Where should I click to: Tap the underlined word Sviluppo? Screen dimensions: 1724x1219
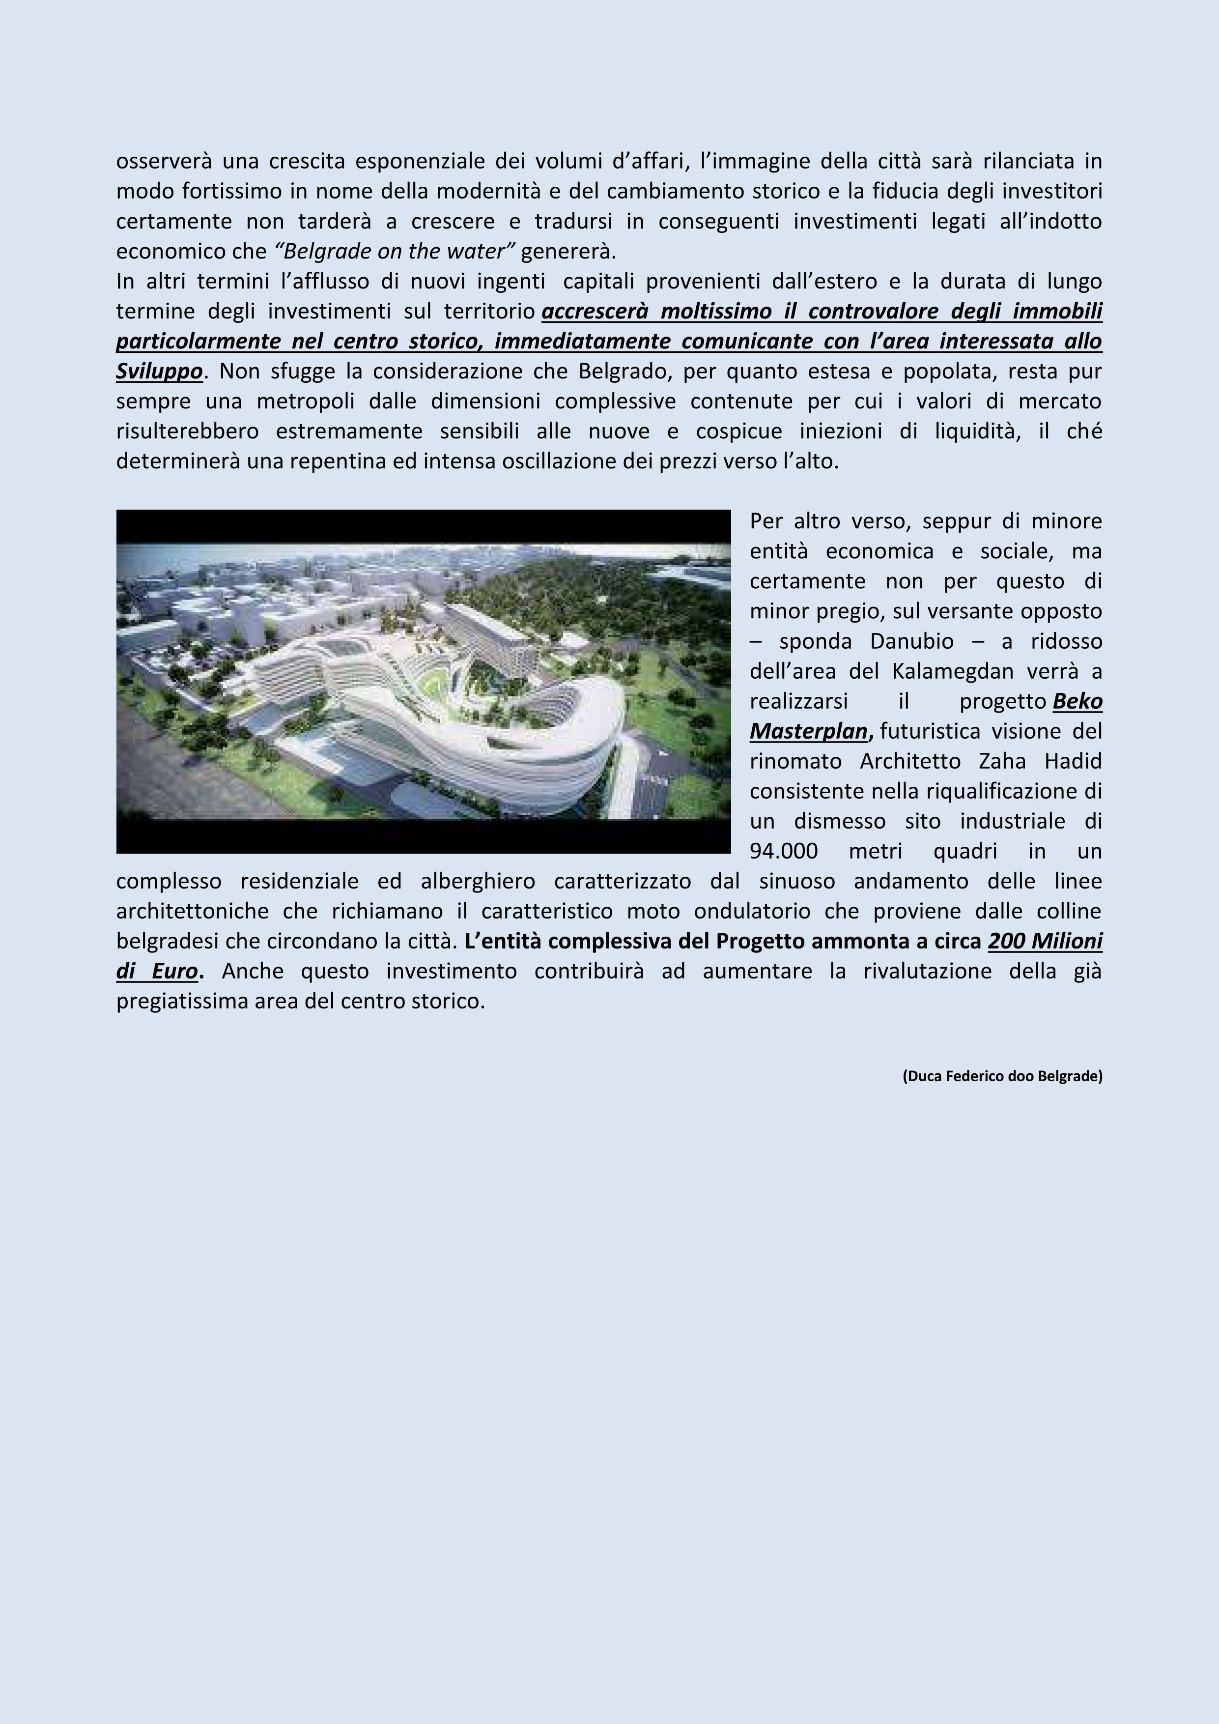(159, 371)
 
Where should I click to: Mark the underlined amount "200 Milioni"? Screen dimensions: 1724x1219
(1045, 941)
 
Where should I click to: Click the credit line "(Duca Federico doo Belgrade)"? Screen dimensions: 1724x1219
(1002, 1076)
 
